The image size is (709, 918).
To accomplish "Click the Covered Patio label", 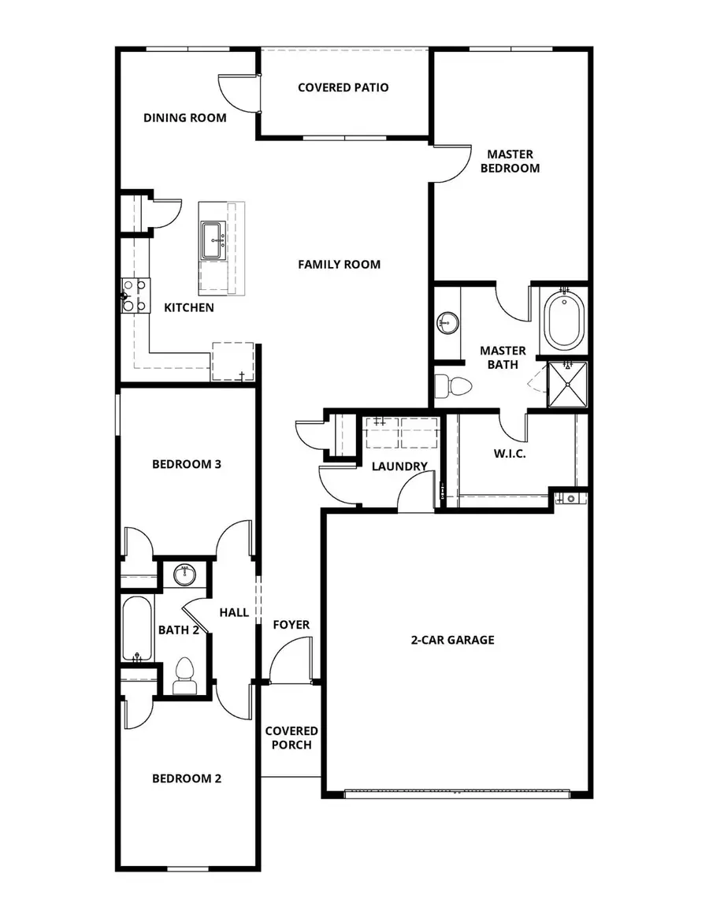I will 343,87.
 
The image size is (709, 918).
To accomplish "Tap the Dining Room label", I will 184,118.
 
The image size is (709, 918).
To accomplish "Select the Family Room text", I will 339,265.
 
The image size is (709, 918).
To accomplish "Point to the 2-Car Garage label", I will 452,640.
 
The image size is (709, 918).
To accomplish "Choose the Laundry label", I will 399,466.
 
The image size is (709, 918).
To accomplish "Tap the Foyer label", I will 291,625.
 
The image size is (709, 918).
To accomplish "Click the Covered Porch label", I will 291,738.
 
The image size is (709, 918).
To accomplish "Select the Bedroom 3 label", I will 186,464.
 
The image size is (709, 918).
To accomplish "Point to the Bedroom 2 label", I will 186,779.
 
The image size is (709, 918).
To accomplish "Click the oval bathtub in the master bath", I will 565,321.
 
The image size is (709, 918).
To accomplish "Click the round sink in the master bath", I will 447,321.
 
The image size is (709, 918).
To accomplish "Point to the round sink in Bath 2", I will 185,574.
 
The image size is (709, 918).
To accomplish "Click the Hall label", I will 234,612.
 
